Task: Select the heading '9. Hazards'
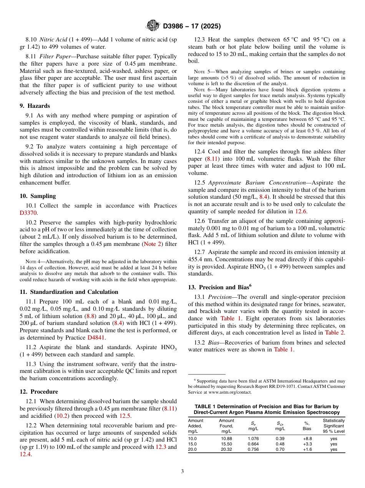35,106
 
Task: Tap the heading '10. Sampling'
38,196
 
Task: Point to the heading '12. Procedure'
39,392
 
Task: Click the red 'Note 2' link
153,244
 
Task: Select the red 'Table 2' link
334,333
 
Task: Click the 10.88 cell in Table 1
226,439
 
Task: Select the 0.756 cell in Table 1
253,450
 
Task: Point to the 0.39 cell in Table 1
280,439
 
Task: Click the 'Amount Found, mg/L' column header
226,426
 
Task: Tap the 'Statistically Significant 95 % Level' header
333,426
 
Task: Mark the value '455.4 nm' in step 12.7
201,259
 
